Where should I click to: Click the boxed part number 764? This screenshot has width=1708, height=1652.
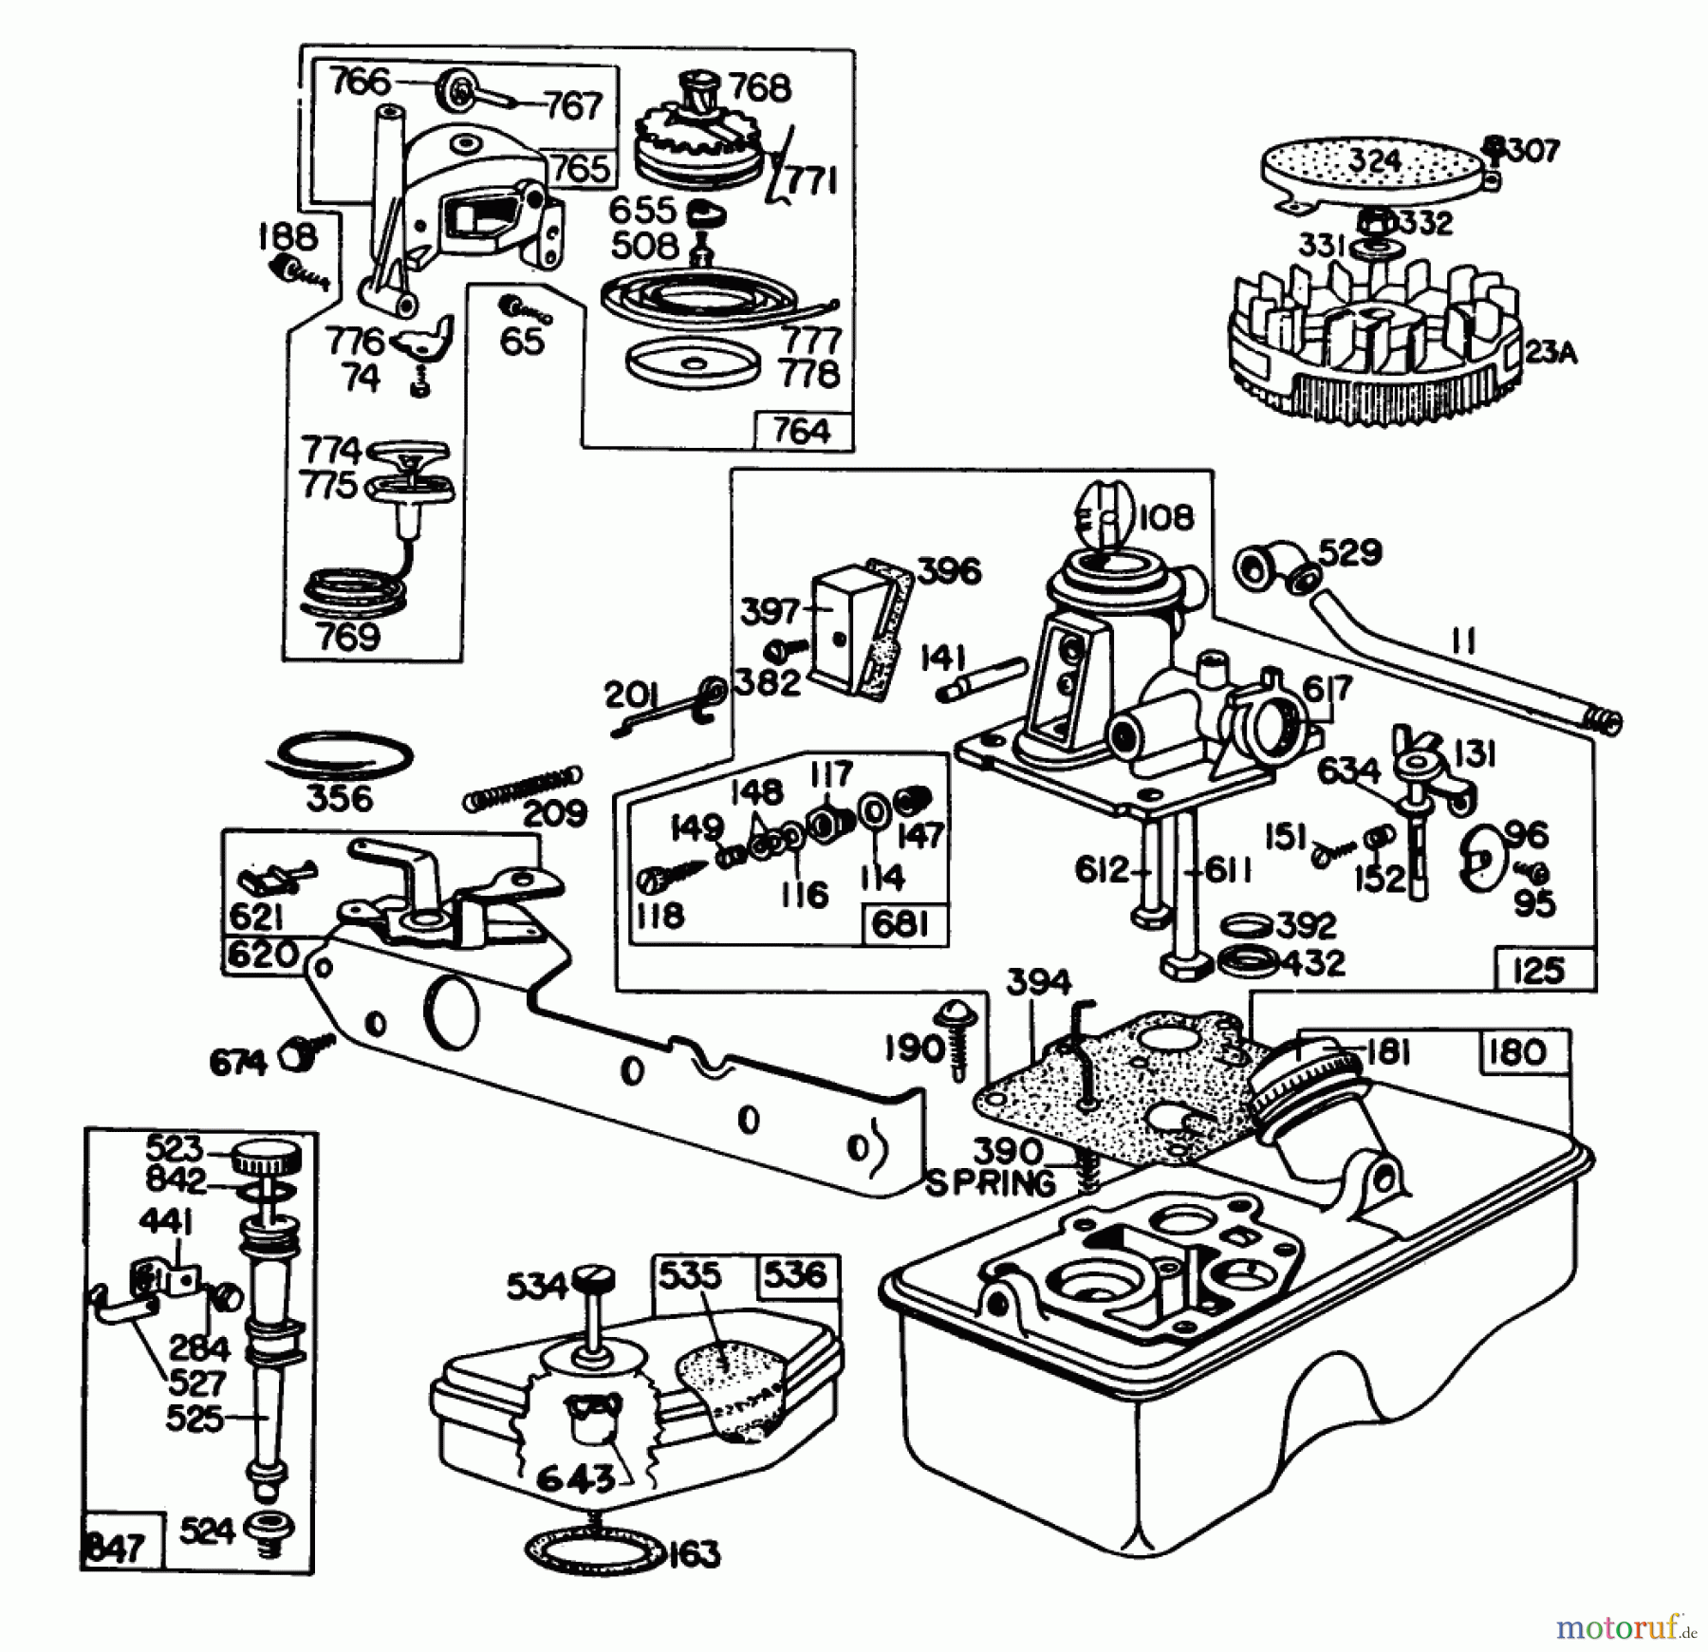(802, 431)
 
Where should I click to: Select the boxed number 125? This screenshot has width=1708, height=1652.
(1537, 970)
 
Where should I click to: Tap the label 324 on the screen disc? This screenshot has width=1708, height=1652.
(1374, 160)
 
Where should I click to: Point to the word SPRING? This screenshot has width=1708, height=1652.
(990, 1184)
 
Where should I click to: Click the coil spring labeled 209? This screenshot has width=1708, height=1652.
(523, 788)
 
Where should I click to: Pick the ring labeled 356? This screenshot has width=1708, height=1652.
(339, 755)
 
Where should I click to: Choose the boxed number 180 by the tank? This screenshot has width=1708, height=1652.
(1517, 1051)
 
